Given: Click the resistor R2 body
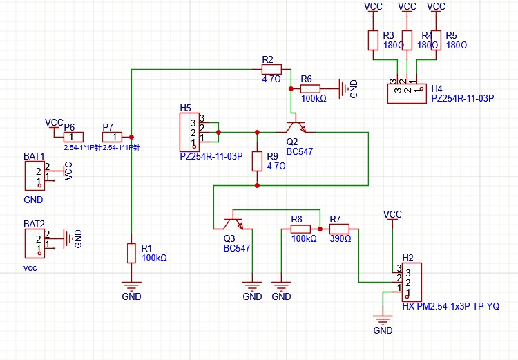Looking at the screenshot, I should (271, 69).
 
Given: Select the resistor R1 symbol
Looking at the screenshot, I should (131, 253).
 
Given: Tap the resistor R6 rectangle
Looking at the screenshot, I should (310, 88).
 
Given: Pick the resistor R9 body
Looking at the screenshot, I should (257, 161).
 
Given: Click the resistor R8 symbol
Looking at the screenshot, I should (300, 229).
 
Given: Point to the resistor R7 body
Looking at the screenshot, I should (339, 229).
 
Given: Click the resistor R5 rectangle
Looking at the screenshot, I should (436, 40).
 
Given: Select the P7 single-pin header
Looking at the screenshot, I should (112, 137).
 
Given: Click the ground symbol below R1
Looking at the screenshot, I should (131, 285).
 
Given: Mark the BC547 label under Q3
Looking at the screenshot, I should (236, 248).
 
